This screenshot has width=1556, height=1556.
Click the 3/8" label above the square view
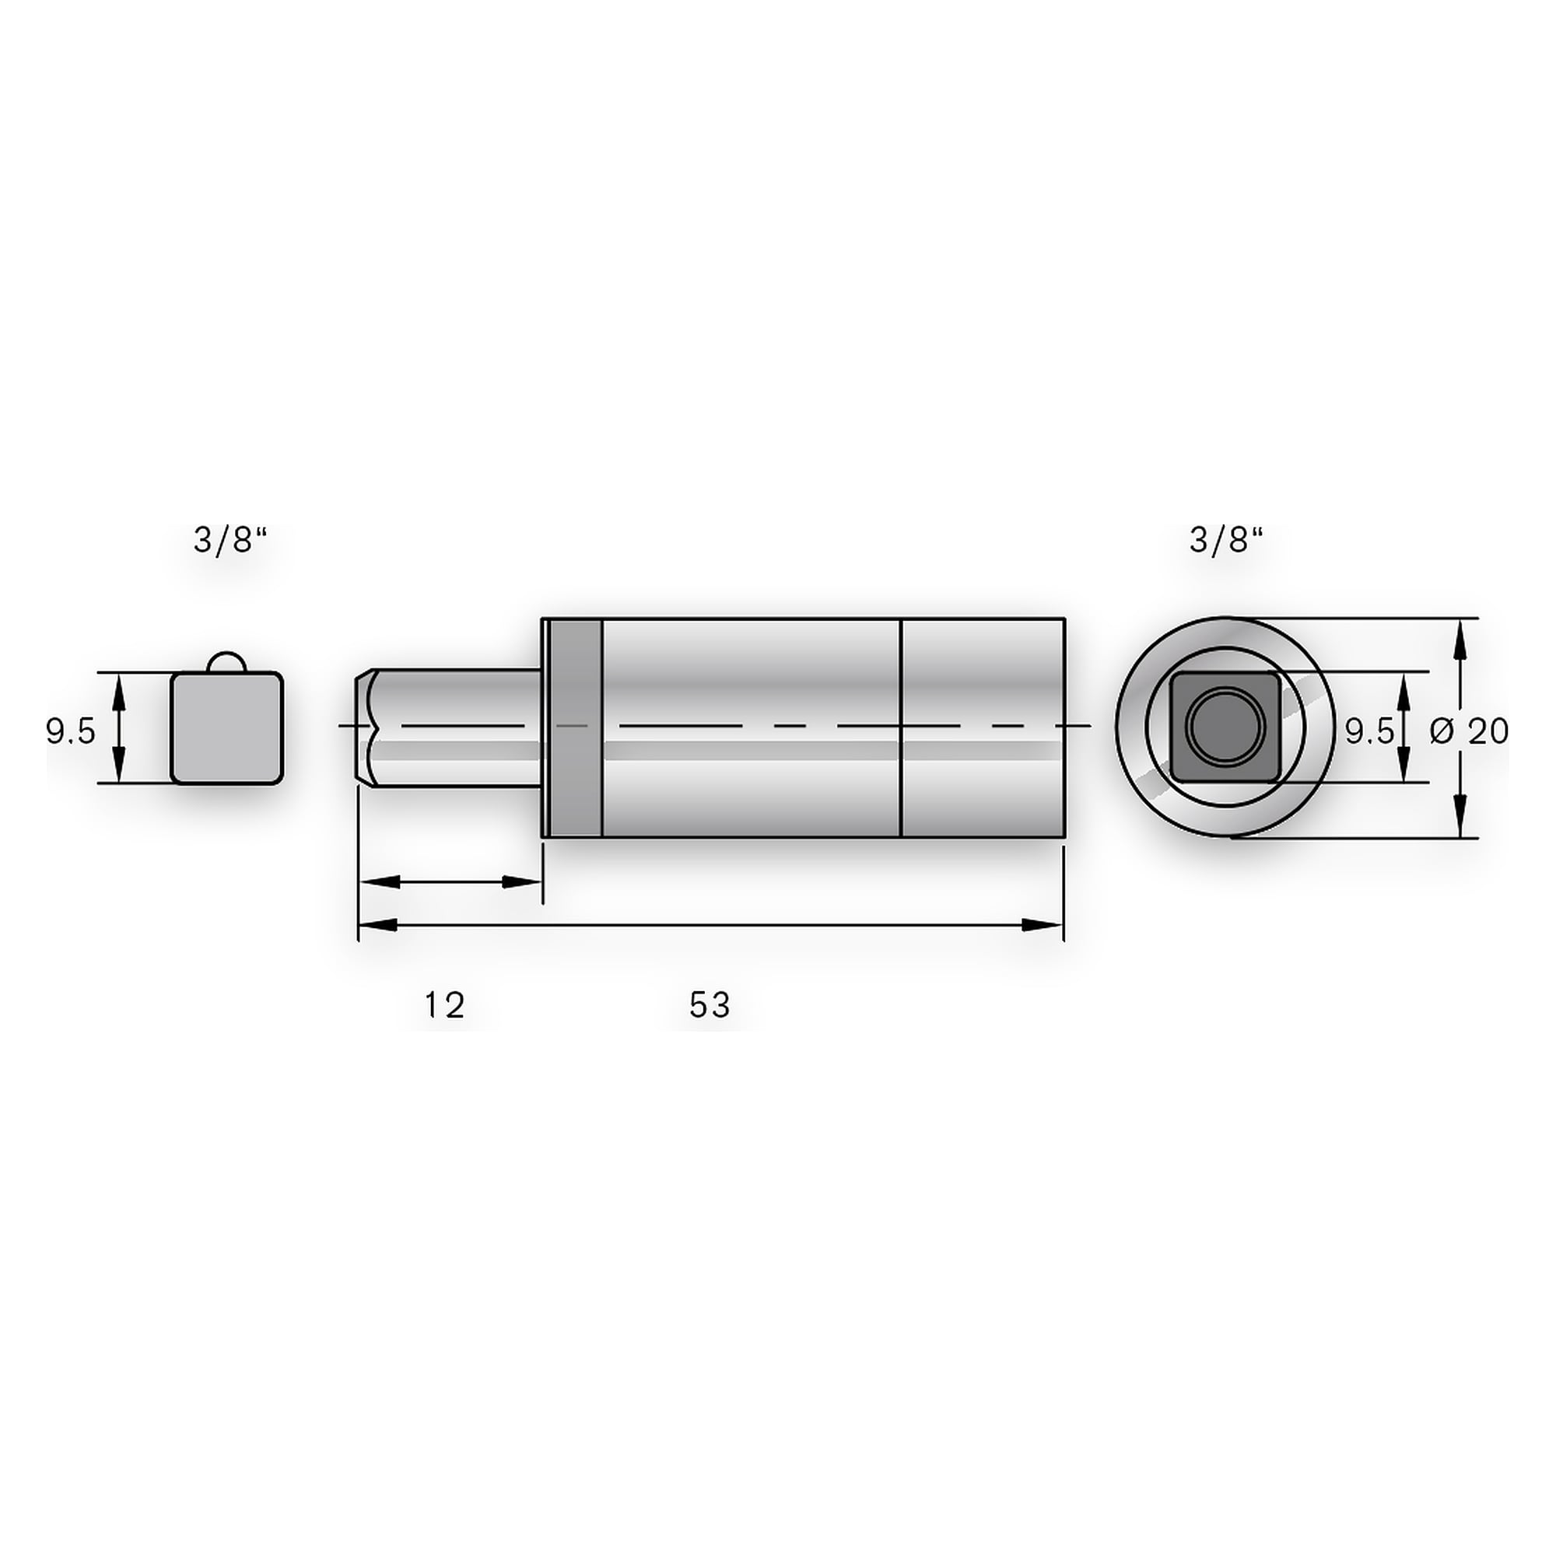point(230,541)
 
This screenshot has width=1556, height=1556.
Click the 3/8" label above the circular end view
point(1226,541)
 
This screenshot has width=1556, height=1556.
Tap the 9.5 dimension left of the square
point(71,731)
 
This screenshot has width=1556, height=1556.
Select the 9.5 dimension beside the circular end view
point(1369,731)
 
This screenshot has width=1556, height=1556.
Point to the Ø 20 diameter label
point(1469,731)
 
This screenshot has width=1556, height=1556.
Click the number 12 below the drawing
point(444,1005)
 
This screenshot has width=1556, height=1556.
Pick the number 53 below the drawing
point(710,1005)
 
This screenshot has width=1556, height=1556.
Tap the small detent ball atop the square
point(227,662)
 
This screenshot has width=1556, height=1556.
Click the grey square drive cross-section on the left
point(227,728)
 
